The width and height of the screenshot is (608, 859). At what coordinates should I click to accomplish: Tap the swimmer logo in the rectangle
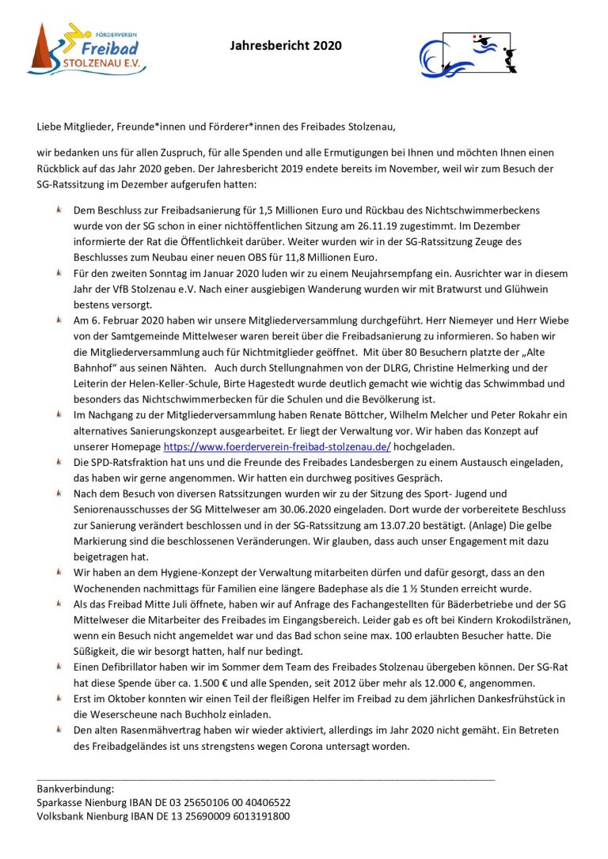click(470, 52)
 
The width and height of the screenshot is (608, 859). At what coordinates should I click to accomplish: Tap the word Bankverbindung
click(75, 789)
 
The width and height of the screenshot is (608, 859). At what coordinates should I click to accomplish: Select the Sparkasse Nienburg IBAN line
click(163, 802)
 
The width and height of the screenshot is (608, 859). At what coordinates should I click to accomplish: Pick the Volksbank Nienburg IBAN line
click(163, 816)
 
